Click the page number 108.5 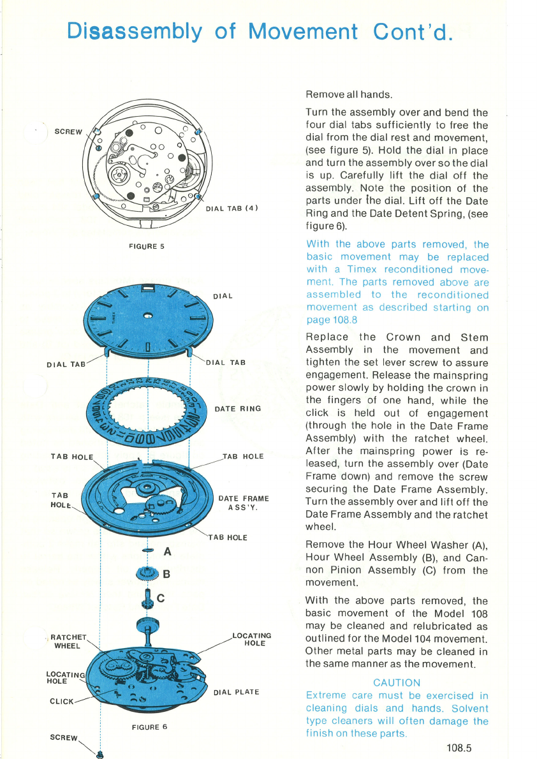459,748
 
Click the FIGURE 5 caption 147,246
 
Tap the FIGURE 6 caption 150,727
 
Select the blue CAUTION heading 397,682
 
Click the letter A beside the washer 168,551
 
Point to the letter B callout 166,574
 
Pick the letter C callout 161,598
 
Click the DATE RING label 238,409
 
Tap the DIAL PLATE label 237,692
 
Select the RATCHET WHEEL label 68,642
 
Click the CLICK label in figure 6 62,702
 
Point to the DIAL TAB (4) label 232,209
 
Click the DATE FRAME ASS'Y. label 244,503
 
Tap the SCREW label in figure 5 68,131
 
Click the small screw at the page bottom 100,755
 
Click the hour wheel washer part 148,550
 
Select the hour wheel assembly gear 148,573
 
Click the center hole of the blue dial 148,316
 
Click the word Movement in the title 303,31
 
